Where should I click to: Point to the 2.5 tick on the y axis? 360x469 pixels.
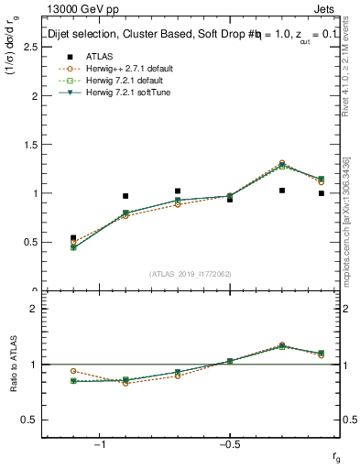point(29,47)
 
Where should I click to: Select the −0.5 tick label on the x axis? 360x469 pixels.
point(228,444)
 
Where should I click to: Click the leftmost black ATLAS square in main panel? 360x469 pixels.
point(73,238)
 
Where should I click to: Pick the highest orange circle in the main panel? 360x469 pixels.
point(282,163)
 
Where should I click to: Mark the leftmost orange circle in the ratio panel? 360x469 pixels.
point(73,371)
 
